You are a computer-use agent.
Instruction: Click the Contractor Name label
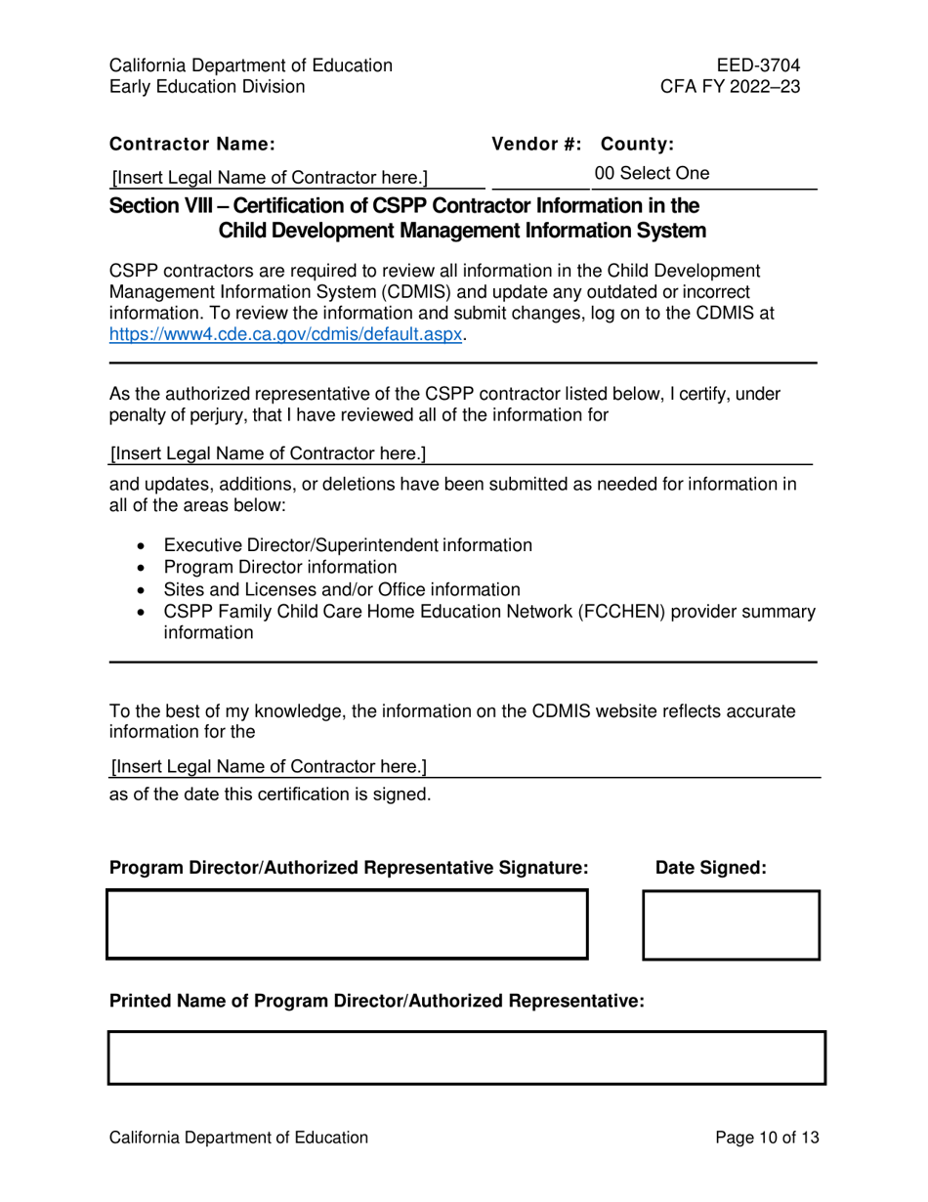point(192,145)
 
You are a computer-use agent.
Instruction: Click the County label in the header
point(637,145)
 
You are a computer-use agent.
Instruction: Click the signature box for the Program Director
point(347,923)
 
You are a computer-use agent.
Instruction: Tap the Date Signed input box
point(730,924)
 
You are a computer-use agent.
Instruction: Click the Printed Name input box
point(466,1057)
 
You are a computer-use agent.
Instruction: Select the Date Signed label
point(711,868)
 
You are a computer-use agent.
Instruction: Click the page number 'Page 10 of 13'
point(767,1138)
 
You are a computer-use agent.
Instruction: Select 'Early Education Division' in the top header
point(206,86)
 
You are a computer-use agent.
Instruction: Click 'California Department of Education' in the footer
point(238,1138)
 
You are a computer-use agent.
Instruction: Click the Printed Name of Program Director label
point(377,1001)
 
